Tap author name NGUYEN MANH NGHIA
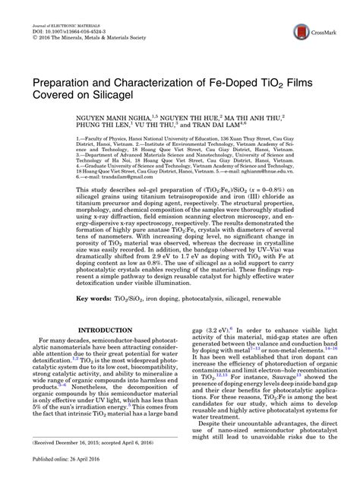click(x=117, y=119)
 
